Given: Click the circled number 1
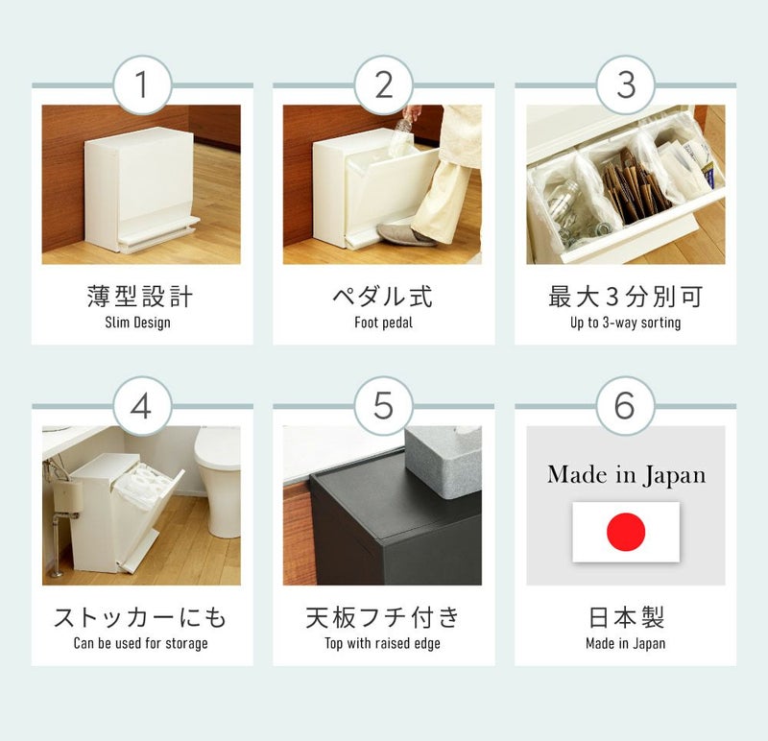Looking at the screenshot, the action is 142,84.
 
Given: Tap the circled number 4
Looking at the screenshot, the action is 142,406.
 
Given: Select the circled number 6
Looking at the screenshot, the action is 626,406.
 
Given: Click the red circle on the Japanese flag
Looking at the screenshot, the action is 626,532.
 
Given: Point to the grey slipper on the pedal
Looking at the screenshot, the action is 406,234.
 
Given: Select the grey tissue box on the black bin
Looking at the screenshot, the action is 444,461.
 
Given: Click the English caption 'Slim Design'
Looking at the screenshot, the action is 137,323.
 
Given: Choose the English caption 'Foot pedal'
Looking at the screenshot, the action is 383,323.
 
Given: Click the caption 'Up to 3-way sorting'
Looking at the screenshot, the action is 626,323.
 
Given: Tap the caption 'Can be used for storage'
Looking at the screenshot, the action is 140,643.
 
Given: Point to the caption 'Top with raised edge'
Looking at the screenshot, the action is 382,643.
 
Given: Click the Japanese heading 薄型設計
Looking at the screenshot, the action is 140,297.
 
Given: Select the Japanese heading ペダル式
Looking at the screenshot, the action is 382,297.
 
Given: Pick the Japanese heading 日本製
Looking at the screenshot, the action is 626,617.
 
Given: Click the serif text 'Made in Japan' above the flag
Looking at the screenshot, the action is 627,475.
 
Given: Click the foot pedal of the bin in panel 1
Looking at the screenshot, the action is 157,235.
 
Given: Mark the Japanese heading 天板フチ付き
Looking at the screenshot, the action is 382,617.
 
